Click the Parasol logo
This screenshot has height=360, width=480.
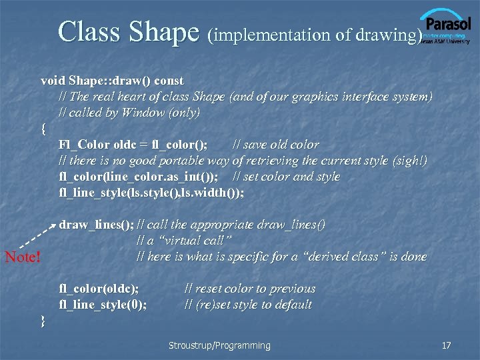click(445, 25)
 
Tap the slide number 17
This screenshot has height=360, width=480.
click(447, 345)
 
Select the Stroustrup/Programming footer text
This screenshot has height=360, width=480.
click(219, 345)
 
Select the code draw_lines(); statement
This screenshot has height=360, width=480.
click(96, 225)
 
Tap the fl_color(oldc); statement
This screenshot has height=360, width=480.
click(99, 289)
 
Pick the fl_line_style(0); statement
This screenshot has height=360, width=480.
click(103, 305)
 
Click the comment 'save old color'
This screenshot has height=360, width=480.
click(275, 145)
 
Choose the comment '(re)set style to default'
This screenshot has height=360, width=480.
click(247, 305)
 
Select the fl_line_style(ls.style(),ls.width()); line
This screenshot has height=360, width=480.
click(151, 193)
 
